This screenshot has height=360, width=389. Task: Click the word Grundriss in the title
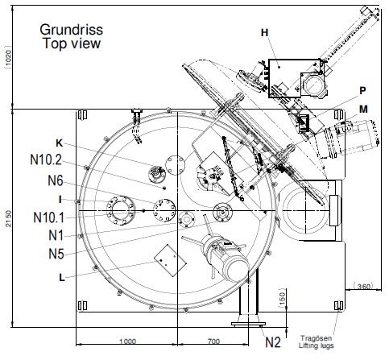(72, 30)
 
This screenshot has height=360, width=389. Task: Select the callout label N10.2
(46, 159)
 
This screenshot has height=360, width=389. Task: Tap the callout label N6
(56, 180)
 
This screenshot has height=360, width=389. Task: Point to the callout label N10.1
(49, 217)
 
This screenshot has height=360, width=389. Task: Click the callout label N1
(56, 235)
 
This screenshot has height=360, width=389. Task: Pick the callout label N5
(56, 254)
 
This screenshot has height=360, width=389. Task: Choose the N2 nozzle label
(273, 342)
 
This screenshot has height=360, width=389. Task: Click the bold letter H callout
(265, 32)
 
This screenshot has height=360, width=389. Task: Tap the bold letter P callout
(362, 90)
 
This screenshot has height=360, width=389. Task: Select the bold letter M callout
(363, 110)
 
